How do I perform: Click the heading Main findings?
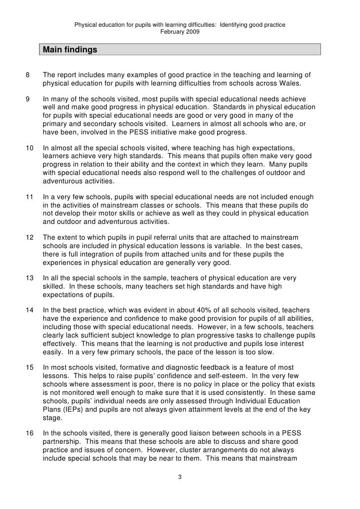coord(70,50)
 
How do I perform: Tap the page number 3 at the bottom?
coord(180,477)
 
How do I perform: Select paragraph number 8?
coord(27,75)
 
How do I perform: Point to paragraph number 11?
coord(29,196)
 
